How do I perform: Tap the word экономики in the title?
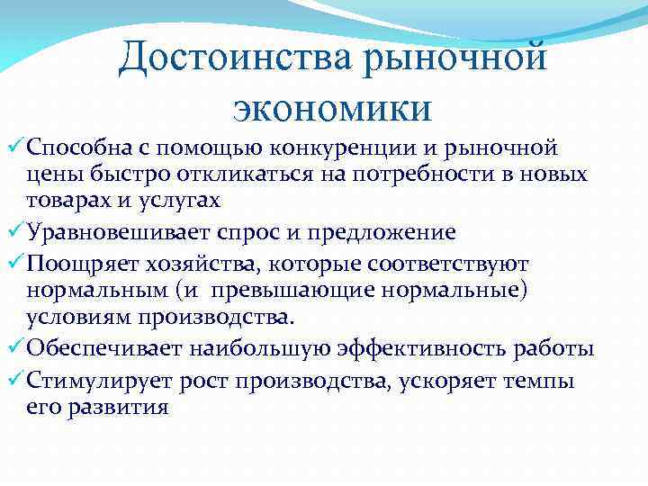(332, 107)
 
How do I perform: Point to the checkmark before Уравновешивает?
(15, 232)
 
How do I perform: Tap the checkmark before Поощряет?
(15, 264)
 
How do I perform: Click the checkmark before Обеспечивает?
(15, 348)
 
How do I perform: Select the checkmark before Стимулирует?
(15, 379)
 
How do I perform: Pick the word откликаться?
(213, 174)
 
